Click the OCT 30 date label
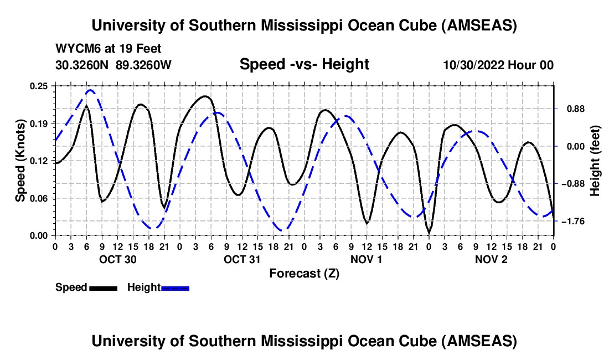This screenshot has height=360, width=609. tap(117, 259)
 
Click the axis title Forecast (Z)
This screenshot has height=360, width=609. tap(304, 273)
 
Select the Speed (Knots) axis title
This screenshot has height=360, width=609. tap(20, 161)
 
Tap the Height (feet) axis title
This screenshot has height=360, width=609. tap(595, 161)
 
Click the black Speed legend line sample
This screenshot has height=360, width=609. tap(103, 288)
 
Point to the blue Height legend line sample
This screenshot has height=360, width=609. tap(176, 288)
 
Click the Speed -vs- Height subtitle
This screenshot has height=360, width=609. tap(304, 65)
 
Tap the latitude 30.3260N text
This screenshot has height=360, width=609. tap(82, 65)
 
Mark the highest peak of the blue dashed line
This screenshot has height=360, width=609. tap(90, 90)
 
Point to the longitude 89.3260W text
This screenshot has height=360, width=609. tap(143, 65)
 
